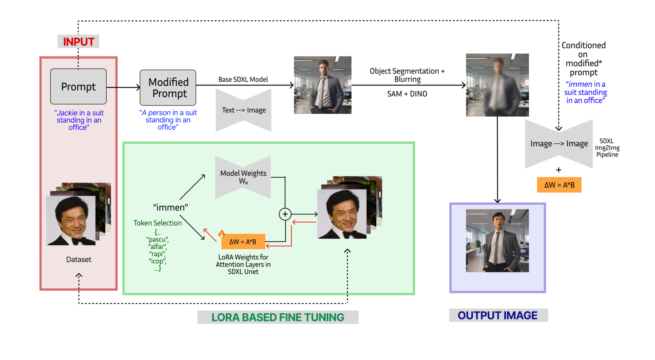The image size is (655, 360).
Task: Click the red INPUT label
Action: coord(79,42)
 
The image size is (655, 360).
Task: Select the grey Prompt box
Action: coord(78,87)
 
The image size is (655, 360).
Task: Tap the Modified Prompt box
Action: coord(168,88)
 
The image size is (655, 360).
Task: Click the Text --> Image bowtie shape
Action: coord(244,111)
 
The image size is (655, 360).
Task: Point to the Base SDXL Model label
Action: coord(243,79)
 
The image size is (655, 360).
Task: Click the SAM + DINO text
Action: coord(407,94)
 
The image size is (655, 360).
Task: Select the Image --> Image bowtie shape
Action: coord(559,144)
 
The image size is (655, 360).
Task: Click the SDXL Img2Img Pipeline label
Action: coord(607,148)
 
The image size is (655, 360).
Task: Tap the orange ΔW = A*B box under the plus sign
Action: coord(559,185)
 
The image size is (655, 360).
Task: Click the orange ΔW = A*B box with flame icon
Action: coord(243,242)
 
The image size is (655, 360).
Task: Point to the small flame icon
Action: coord(221,233)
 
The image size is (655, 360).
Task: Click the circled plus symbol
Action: coord(285,214)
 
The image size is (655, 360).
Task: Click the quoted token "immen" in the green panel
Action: coord(170,207)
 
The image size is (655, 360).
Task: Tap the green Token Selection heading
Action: coord(158,223)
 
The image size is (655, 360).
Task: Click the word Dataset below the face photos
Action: coord(79,260)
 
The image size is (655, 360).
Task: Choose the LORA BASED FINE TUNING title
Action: coord(278,317)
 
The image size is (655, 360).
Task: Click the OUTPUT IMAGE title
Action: coord(498,315)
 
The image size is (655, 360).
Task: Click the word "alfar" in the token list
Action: coord(158,247)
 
